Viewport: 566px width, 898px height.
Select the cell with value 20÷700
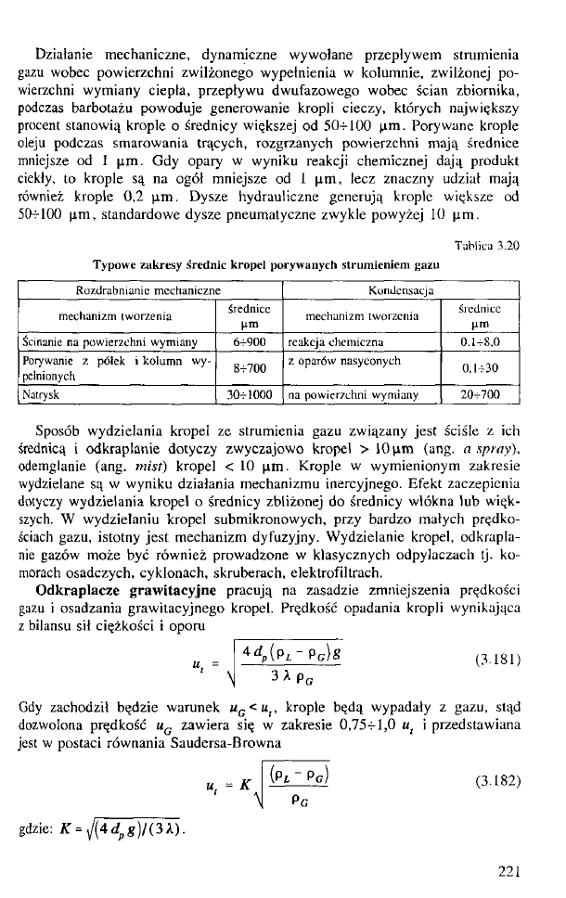[486, 394]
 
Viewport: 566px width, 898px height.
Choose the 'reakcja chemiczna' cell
[332, 341]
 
